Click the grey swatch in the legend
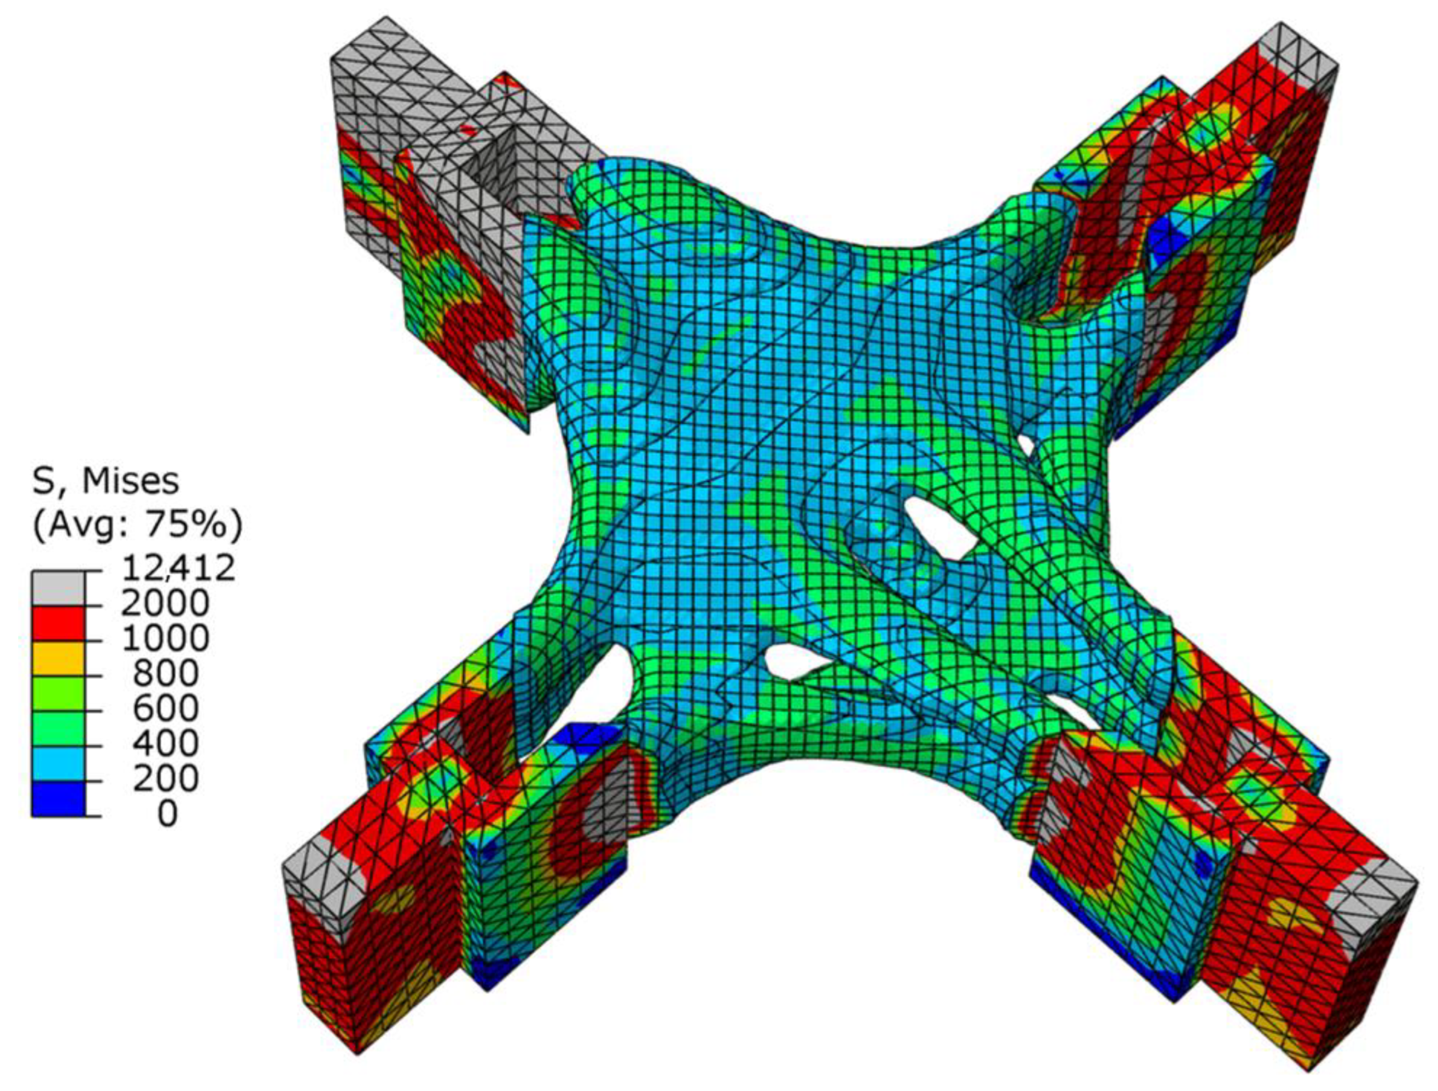[x=58, y=588]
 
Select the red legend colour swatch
[x=58, y=623]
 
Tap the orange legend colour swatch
[x=58, y=658]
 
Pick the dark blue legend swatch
[x=58, y=798]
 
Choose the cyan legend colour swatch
[x=58, y=763]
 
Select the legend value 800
[x=166, y=674]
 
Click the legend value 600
[x=166, y=709]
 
